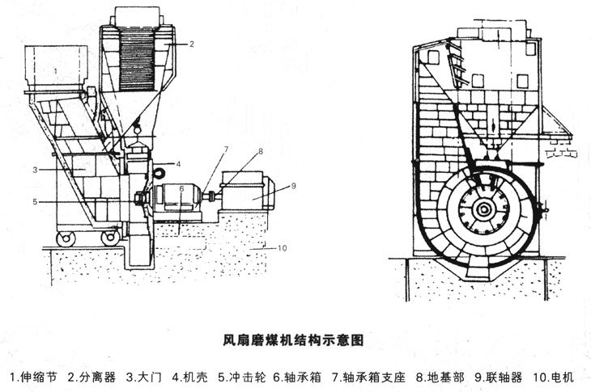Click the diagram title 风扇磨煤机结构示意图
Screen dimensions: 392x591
293,341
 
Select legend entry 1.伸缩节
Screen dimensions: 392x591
34,377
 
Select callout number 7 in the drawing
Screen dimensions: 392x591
226,150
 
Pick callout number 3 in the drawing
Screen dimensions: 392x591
36,170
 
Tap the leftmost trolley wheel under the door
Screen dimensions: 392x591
66,238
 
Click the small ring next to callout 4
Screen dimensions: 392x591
159,172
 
